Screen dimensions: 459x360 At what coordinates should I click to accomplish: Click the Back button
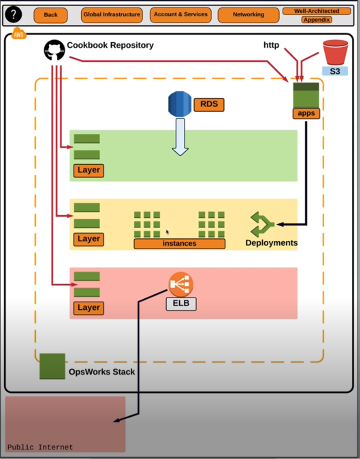pos(50,15)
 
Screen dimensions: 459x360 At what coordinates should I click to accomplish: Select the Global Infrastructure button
pos(112,15)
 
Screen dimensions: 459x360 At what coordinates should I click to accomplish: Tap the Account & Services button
pos(181,15)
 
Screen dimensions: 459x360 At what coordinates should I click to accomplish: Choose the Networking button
pos(248,15)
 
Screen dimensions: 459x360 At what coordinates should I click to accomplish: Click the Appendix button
pos(317,20)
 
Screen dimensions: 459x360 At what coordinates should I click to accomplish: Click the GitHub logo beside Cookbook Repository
pos(54,50)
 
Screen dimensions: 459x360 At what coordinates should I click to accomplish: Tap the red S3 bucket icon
pos(335,52)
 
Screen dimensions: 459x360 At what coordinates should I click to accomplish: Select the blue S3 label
pos(335,71)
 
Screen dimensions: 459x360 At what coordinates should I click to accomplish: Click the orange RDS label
pos(209,104)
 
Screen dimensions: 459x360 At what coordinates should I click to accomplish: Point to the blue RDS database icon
pos(180,104)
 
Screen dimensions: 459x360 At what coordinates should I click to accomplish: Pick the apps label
pos(306,113)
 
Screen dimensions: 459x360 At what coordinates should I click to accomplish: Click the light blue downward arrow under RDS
pos(180,137)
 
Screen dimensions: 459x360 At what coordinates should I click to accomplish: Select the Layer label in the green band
pos(89,171)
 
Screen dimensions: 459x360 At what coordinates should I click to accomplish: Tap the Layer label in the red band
pos(89,307)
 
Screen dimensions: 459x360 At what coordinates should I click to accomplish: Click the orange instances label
pos(179,243)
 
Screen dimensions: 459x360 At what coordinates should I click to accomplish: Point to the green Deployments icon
pos(262,224)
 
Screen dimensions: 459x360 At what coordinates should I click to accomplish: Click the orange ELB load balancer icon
pos(181,285)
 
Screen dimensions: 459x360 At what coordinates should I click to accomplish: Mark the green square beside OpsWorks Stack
pos(52,366)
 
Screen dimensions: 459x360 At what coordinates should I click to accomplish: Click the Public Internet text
pos(40,447)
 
